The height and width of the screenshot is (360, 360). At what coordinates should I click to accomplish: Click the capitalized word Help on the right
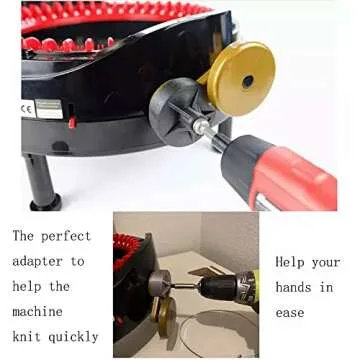tap(292, 261)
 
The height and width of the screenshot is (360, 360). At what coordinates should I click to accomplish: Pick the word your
tap(326, 261)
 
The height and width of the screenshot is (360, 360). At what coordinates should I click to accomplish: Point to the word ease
tap(292, 313)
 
